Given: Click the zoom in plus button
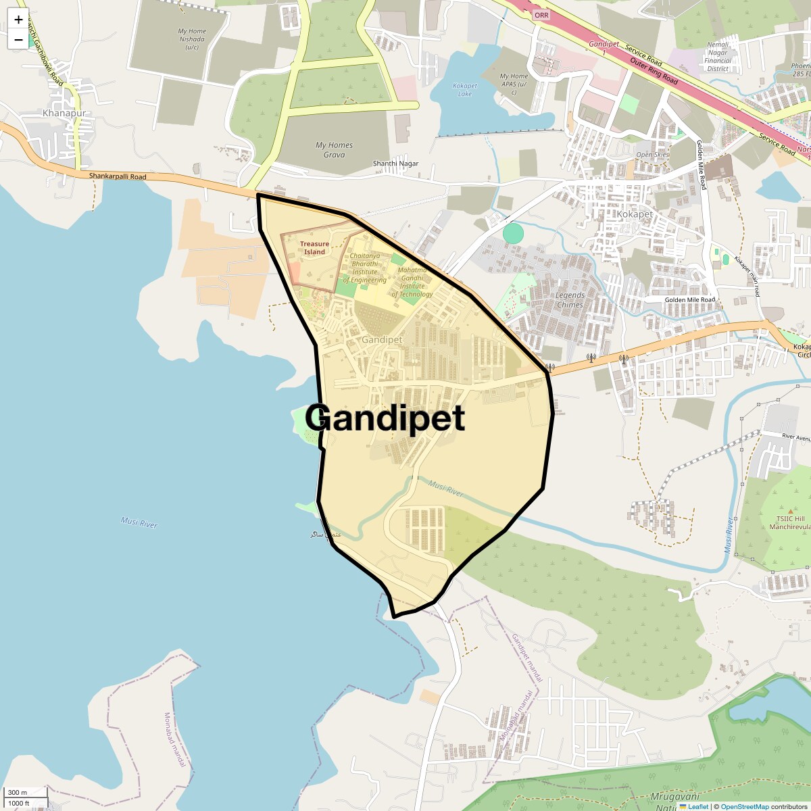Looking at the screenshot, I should pyautogui.click(x=18, y=20).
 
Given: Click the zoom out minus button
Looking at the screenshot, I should pyautogui.click(x=18, y=40).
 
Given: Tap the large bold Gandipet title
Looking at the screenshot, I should pyautogui.click(x=385, y=418).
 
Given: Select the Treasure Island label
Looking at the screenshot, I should pyautogui.click(x=314, y=248).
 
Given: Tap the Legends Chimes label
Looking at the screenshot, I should pyautogui.click(x=570, y=299).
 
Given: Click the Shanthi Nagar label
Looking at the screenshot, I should pyautogui.click(x=396, y=164).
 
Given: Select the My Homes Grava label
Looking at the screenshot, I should pyautogui.click(x=334, y=149).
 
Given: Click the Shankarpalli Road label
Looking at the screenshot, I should pyautogui.click(x=118, y=177).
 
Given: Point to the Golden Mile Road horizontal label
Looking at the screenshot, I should pyautogui.click(x=689, y=299).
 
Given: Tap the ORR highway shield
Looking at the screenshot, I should pyautogui.click(x=541, y=15).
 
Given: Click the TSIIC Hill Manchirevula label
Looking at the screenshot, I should pyautogui.click(x=789, y=522).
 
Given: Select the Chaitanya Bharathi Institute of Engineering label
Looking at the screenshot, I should pyautogui.click(x=364, y=268).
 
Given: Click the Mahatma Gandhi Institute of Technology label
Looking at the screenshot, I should pyautogui.click(x=412, y=282).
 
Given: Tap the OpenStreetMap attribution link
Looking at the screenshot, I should pyautogui.click(x=744, y=806).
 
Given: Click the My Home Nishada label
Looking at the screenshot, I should pyautogui.click(x=192, y=39).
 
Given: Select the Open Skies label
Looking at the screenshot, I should pyautogui.click(x=652, y=155).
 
